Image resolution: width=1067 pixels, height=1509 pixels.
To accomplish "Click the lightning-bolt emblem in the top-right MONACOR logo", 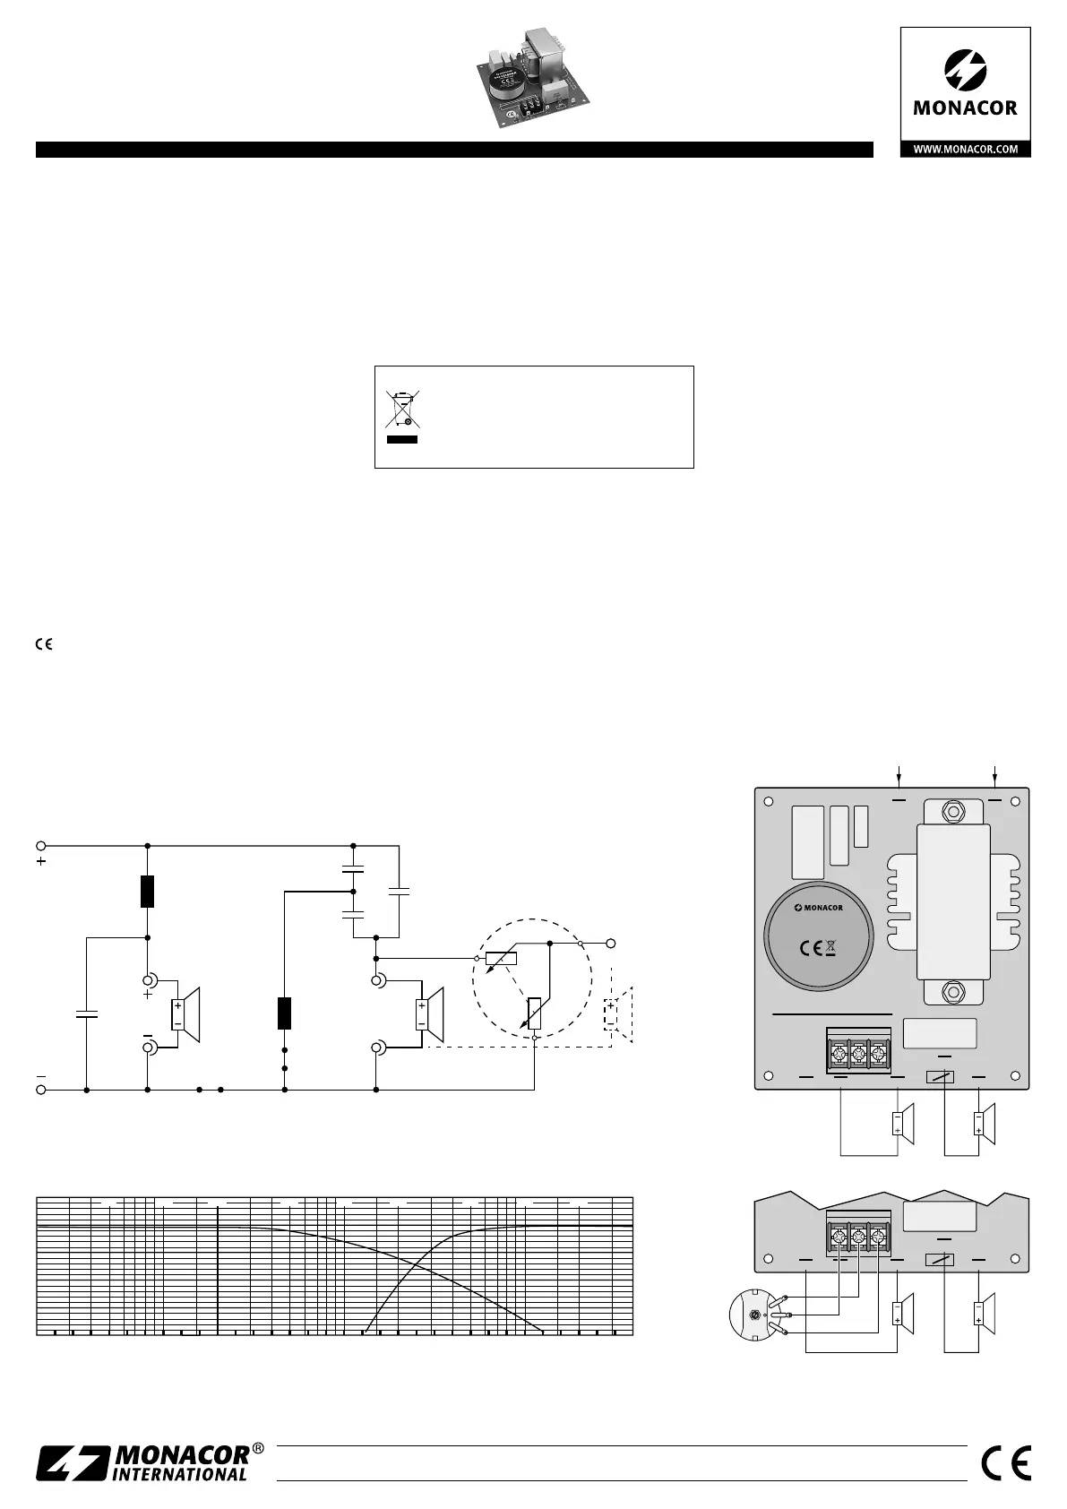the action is coord(965,69).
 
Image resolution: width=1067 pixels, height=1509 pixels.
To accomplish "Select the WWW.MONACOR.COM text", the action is coord(965,150).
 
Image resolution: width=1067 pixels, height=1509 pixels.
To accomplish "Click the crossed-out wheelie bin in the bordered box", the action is coord(402,409).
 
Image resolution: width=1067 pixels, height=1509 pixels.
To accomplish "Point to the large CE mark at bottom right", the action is coord(1006,1463).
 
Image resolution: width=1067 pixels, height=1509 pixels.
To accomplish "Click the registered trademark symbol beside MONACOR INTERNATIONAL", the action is coord(258,1448).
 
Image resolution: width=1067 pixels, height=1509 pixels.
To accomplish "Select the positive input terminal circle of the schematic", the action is coord(40,845).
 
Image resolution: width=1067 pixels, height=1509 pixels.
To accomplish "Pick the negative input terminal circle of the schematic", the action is coord(40,1090).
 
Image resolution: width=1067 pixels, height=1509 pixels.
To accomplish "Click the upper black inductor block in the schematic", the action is coord(148,892).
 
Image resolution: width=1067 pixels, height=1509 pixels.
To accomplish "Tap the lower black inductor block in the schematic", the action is coord(284,1013).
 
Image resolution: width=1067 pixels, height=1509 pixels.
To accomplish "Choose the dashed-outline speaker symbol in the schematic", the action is coord(618,1014).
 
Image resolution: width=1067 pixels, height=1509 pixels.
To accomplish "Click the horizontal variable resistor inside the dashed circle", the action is coord(501,958).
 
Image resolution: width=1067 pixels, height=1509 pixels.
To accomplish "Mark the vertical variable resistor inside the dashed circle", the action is coord(534,1013).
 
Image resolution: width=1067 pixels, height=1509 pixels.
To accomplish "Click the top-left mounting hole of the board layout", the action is coord(769,802).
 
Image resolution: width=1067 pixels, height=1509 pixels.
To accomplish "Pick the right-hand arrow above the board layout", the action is coord(995,775).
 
